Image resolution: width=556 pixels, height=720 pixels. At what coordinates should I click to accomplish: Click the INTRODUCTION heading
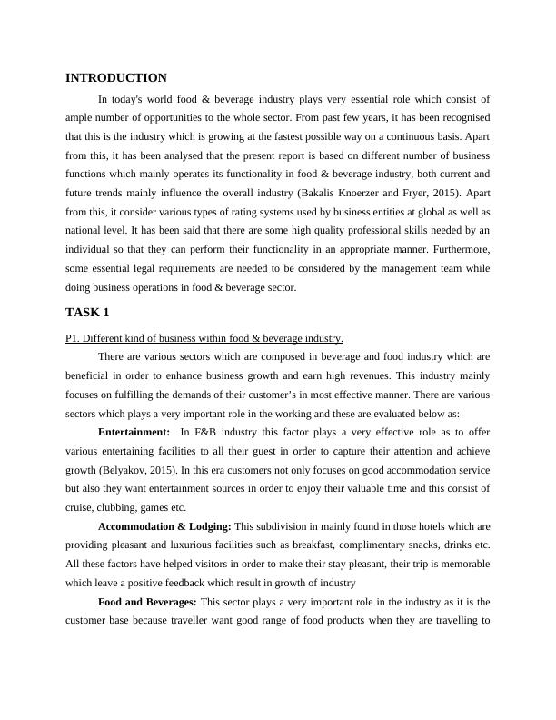coord(116,78)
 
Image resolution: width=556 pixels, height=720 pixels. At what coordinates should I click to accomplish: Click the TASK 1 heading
coord(87,313)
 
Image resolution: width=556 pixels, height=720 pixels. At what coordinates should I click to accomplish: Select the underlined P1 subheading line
coord(204,338)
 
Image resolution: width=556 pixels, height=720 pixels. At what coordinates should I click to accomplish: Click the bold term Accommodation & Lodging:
coord(164,526)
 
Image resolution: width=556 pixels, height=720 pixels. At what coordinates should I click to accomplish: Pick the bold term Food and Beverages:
coord(147,602)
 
